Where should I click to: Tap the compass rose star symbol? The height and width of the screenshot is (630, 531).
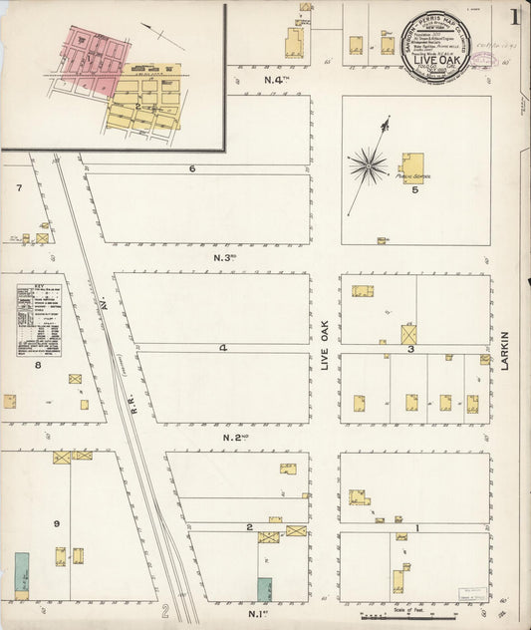368,165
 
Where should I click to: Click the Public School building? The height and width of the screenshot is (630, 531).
412,167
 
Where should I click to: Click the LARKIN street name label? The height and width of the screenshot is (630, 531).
505,351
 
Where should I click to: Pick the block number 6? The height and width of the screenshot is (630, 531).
192,168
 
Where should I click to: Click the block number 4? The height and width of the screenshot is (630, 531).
224,348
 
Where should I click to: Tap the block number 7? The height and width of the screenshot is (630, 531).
18,187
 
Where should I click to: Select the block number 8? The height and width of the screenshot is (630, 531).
38,365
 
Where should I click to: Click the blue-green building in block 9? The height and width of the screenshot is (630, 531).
21,572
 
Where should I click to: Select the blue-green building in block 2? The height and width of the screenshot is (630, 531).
265,589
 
